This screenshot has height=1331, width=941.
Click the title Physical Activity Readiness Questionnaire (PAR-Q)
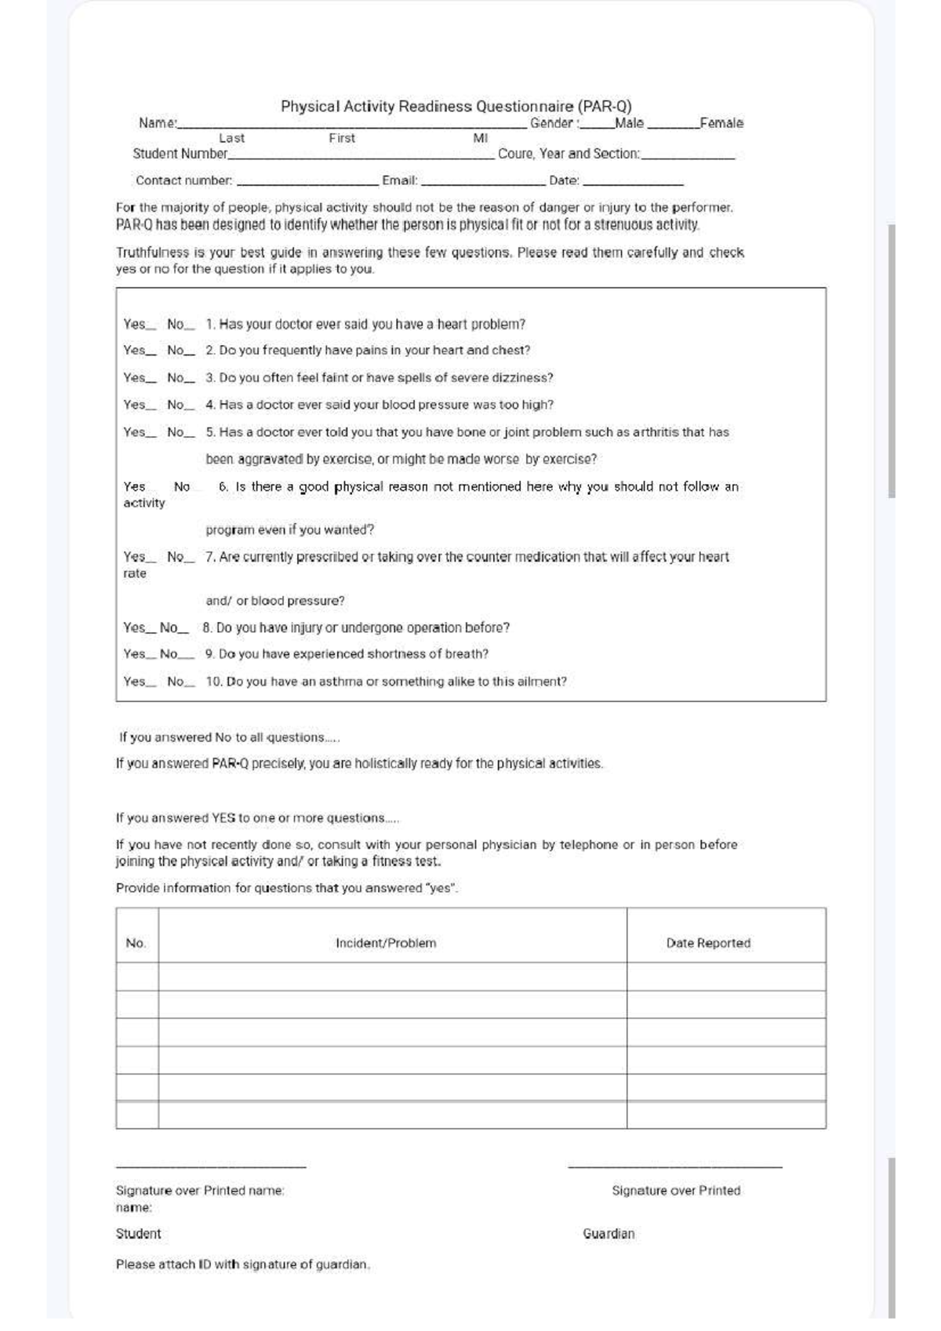(456, 106)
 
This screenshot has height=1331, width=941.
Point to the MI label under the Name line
(481, 138)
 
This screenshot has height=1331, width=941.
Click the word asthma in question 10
(341, 682)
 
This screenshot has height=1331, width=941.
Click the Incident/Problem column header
(386, 943)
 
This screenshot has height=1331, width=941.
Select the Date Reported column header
(708, 943)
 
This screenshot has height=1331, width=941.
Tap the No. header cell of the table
(136, 943)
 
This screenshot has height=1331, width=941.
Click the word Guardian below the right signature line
(609, 1234)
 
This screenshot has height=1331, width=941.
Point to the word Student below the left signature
(139, 1234)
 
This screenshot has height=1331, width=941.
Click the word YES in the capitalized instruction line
(223, 818)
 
